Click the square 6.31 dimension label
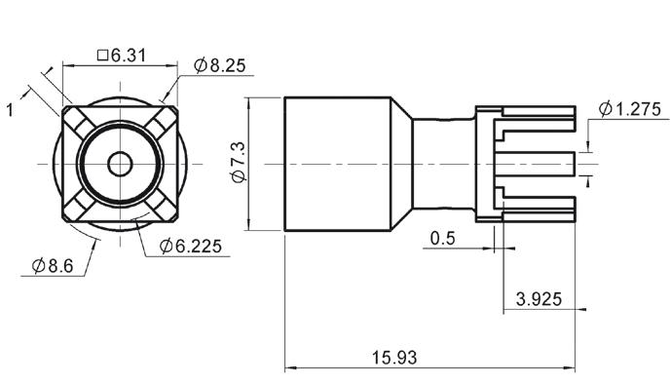(122, 56)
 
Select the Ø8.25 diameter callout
(219, 65)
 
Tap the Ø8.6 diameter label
(53, 266)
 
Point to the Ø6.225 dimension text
(191, 247)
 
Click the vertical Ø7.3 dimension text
(239, 163)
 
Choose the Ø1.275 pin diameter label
(630, 109)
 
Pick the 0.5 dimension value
(442, 238)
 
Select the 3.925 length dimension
(539, 299)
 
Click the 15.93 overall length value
(393, 358)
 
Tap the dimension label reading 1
(10, 110)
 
